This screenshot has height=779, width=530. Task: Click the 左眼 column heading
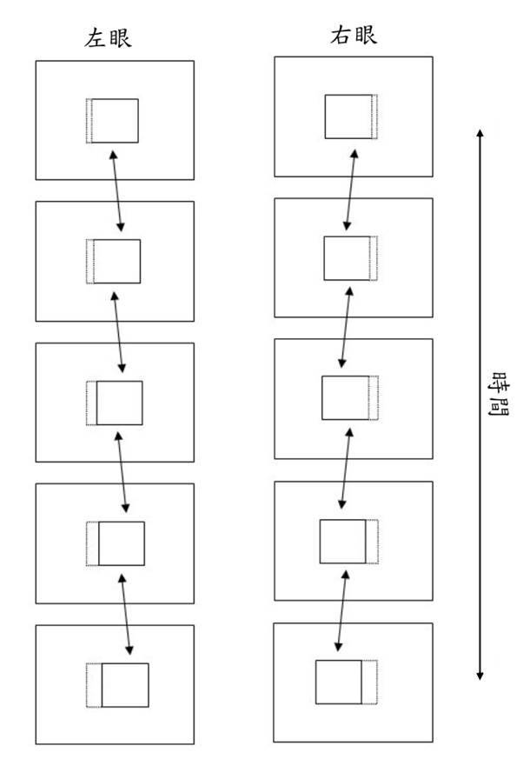pos(109,38)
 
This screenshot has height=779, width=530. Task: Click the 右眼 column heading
pos(354,37)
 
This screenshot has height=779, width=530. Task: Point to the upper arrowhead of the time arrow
pos(480,133)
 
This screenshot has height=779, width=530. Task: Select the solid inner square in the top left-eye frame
pos(115,121)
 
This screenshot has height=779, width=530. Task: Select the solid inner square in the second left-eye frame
pos(116,261)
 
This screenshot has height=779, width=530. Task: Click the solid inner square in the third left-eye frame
pos(119,403)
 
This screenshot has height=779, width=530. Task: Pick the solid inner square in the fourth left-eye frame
pos(121,543)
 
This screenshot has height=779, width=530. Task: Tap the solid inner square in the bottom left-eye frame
pos(125,685)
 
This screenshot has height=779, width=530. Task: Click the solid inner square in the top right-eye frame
pos(348,117)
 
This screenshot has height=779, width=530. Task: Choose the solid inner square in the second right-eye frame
pos(347,258)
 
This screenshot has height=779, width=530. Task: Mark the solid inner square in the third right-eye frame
pos(345,398)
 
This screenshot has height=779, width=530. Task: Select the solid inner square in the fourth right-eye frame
pos(342,541)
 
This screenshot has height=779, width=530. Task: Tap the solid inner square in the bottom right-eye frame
pos(338,682)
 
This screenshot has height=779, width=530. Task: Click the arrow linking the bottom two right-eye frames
pos(341,611)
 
